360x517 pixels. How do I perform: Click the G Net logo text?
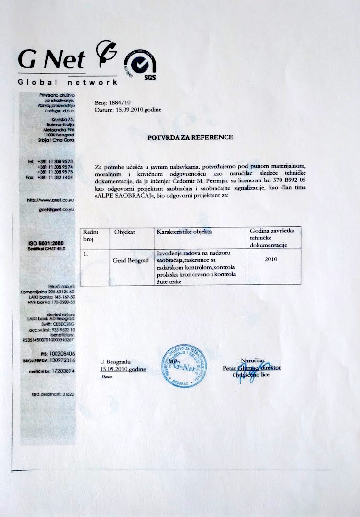52,59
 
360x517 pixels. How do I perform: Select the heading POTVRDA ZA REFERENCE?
190,137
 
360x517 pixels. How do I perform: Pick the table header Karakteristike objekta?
184,232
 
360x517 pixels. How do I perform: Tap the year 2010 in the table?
270,259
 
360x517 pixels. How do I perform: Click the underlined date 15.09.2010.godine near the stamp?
123,369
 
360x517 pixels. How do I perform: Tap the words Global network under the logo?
67,82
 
